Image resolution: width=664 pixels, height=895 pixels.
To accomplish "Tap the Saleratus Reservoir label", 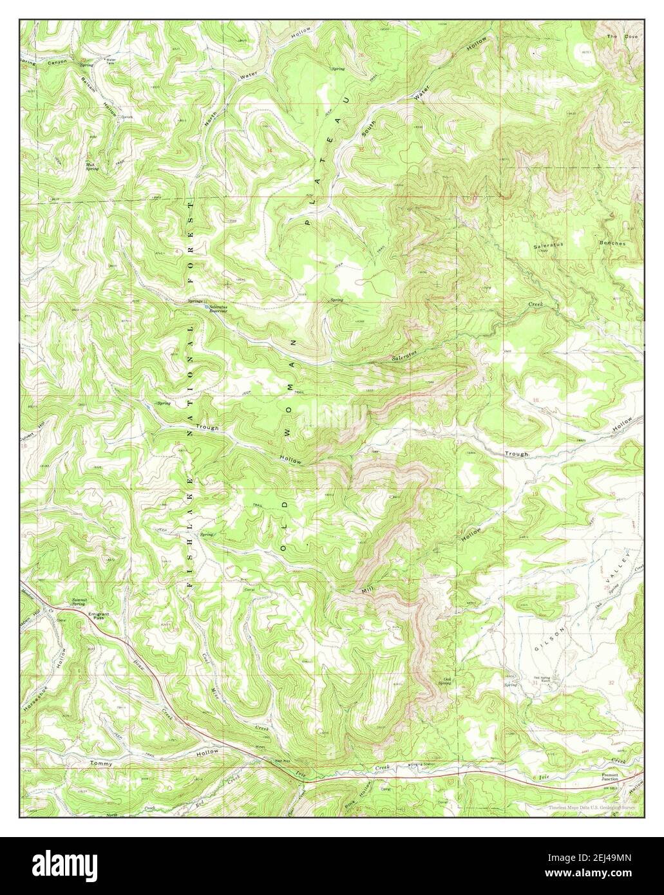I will click(218, 308).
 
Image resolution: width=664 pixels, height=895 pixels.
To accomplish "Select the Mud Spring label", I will click(93, 164).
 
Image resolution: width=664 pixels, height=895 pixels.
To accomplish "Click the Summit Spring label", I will click(79, 603).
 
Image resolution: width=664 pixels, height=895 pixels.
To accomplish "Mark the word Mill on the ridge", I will click(367, 588).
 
